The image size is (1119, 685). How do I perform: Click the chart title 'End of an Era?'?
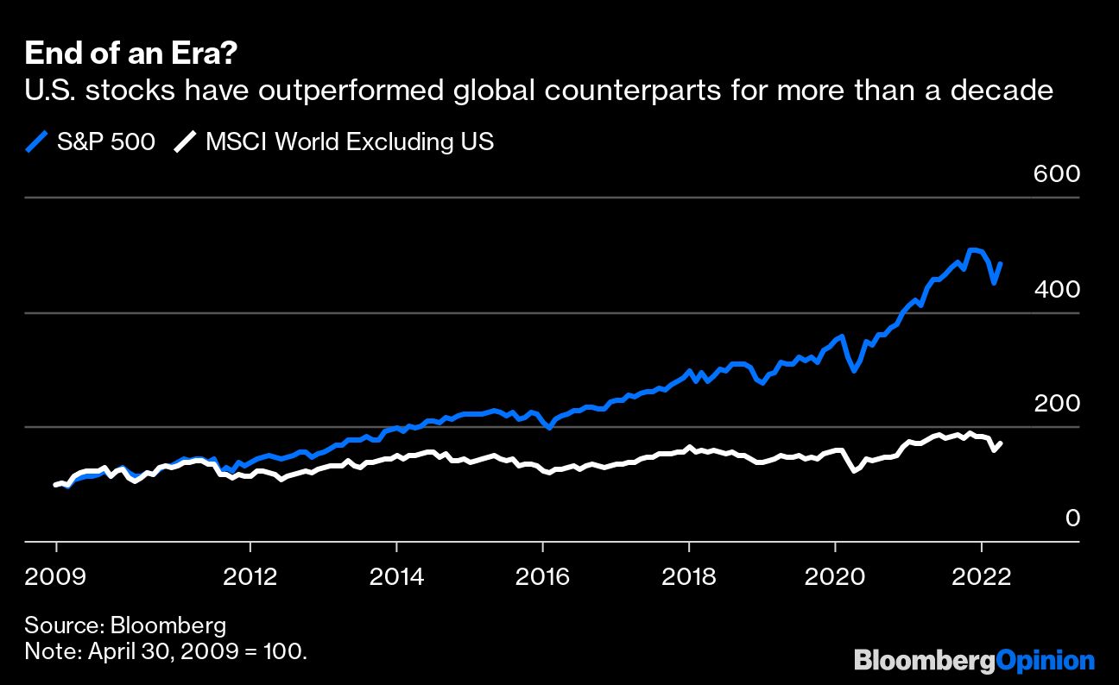[x=132, y=53]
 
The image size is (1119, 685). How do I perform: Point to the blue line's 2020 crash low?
[x=854, y=370]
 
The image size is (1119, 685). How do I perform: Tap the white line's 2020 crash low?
[x=854, y=470]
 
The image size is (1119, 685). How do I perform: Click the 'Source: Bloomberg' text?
[x=125, y=625]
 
